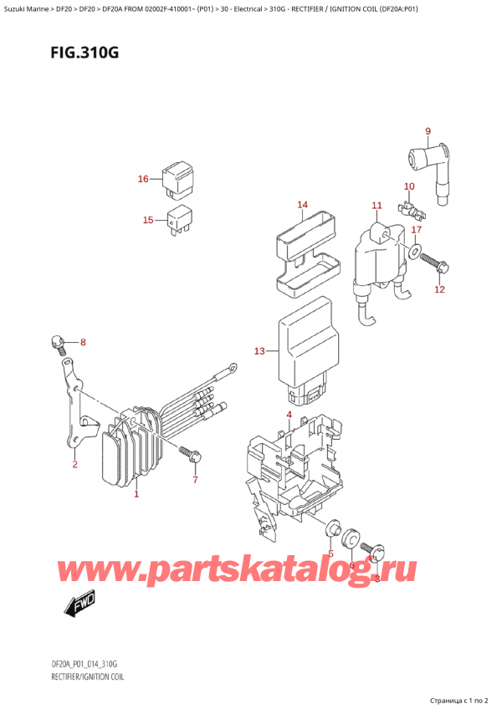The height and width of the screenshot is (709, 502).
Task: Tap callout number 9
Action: (x=428, y=130)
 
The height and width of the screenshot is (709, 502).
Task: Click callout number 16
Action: (x=143, y=179)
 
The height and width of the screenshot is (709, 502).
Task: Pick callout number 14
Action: (x=302, y=205)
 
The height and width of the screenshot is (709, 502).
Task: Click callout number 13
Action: (x=259, y=351)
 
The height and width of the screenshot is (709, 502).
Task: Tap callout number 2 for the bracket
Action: (x=74, y=464)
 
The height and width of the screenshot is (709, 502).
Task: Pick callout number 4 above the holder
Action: (x=289, y=415)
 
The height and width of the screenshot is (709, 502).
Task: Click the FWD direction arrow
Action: (x=80, y=601)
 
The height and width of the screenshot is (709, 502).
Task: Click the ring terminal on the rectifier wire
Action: (x=229, y=366)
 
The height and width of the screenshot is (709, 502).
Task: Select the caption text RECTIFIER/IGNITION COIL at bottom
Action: (x=76, y=676)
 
